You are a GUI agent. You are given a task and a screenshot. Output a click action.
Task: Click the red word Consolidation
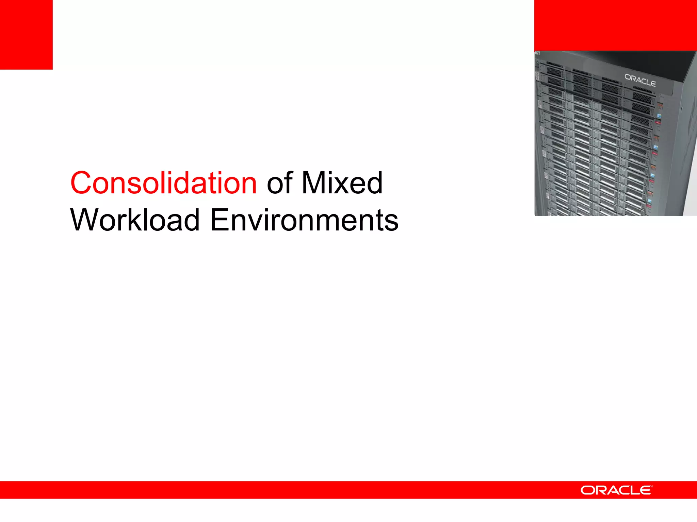tap(163, 183)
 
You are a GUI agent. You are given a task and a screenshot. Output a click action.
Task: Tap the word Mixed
tap(342, 183)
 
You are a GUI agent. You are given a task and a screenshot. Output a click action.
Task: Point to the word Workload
tap(135, 220)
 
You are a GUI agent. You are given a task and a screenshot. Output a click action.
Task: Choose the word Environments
tap(304, 220)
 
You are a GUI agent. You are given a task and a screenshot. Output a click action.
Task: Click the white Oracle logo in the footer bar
tap(616, 490)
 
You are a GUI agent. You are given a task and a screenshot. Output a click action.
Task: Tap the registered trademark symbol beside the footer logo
tap(652, 487)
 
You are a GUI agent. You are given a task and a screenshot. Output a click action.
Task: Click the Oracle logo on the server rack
tap(640, 80)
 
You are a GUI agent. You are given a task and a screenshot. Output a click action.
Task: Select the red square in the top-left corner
tap(26, 34)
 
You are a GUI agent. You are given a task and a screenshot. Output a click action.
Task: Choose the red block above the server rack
tap(615, 25)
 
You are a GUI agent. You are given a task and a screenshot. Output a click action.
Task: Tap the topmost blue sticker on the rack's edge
tap(659, 116)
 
